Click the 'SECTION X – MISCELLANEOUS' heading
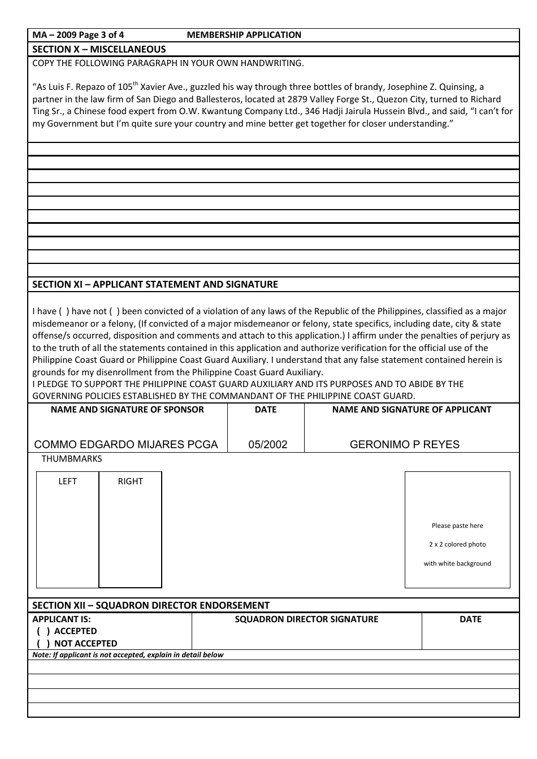coord(99,49)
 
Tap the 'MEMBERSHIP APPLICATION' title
coord(244,35)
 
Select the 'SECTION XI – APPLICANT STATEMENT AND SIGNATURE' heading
coord(155,284)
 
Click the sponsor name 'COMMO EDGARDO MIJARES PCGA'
coord(126,445)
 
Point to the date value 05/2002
coord(268,445)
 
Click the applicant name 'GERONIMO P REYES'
coord(404,445)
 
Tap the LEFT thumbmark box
coord(68,531)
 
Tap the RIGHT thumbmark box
coord(131,531)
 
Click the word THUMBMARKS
coord(72,459)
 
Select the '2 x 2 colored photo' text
coord(457,545)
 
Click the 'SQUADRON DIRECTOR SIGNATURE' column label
coord(306,619)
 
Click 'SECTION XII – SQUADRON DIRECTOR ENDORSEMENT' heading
coord(151,605)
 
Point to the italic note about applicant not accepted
coord(128,655)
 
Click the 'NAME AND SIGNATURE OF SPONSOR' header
coord(127,410)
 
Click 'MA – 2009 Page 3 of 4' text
coord(78,35)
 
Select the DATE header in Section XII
coord(470,619)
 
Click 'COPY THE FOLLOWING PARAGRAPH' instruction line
coord(168,63)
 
